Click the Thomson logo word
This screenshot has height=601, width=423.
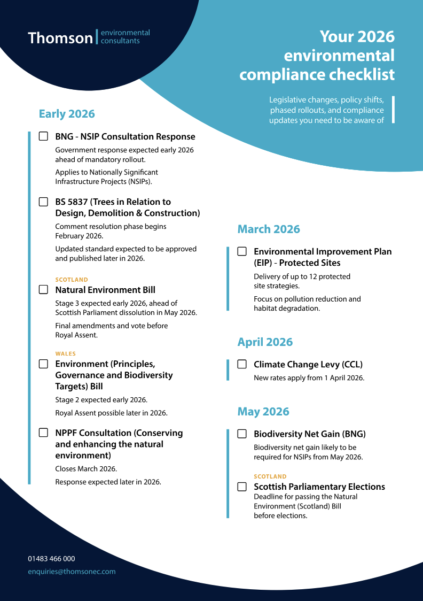[60, 38]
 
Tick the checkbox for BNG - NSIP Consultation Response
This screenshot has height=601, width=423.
[43, 136]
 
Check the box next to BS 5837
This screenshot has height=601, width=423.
[43, 202]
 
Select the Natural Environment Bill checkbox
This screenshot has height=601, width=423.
[43, 289]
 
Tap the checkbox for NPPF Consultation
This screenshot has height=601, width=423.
[43, 433]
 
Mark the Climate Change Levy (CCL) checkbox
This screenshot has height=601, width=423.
[242, 364]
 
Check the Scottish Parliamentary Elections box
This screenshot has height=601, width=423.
[242, 487]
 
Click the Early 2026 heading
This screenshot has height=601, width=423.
[67, 114]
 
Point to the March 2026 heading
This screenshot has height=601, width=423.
[269, 229]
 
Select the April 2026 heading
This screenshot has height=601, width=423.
[265, 342]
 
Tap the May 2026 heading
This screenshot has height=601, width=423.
[263, 412]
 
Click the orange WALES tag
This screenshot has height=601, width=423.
[66, 353]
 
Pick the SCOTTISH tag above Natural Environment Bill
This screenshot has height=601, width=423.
[72, 280]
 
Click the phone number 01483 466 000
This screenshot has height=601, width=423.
[51, 559]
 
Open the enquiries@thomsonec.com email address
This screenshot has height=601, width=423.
[72, 572]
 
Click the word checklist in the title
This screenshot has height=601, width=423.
[362, 74]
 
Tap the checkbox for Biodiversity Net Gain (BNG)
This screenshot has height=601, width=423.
[242, 434]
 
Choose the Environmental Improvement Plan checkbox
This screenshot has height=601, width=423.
[242, 251]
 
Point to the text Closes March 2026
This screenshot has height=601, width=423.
[86, 469]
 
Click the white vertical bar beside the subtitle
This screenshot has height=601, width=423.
[393, 110]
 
